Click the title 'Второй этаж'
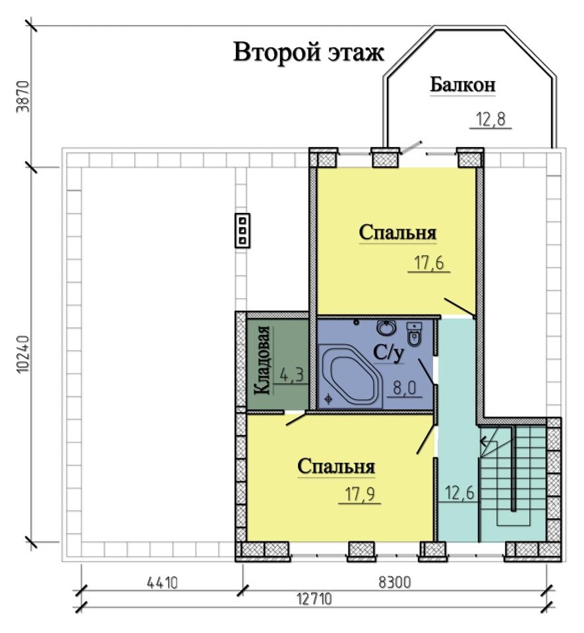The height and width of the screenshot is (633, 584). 308,53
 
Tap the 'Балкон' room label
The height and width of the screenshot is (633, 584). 463,85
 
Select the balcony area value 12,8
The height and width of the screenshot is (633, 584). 491,119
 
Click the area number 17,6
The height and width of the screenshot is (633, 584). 429,263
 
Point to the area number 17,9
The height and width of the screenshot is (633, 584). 360,494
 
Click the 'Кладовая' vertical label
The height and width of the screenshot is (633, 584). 262,360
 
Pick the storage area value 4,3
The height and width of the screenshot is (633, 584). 291,375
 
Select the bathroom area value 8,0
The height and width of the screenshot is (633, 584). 404,388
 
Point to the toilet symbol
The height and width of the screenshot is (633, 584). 414,334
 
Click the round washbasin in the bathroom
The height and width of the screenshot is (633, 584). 386,328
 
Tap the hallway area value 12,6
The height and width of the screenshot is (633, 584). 459,493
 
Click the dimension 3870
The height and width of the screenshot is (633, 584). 23,97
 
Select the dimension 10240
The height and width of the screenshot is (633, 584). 23,353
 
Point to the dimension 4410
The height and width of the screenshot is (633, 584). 162,583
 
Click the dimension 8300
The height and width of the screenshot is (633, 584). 395,582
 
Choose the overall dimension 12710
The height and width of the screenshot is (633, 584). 314,599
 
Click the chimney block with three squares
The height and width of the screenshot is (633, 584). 243,231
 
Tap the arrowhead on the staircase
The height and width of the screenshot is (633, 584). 482,442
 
